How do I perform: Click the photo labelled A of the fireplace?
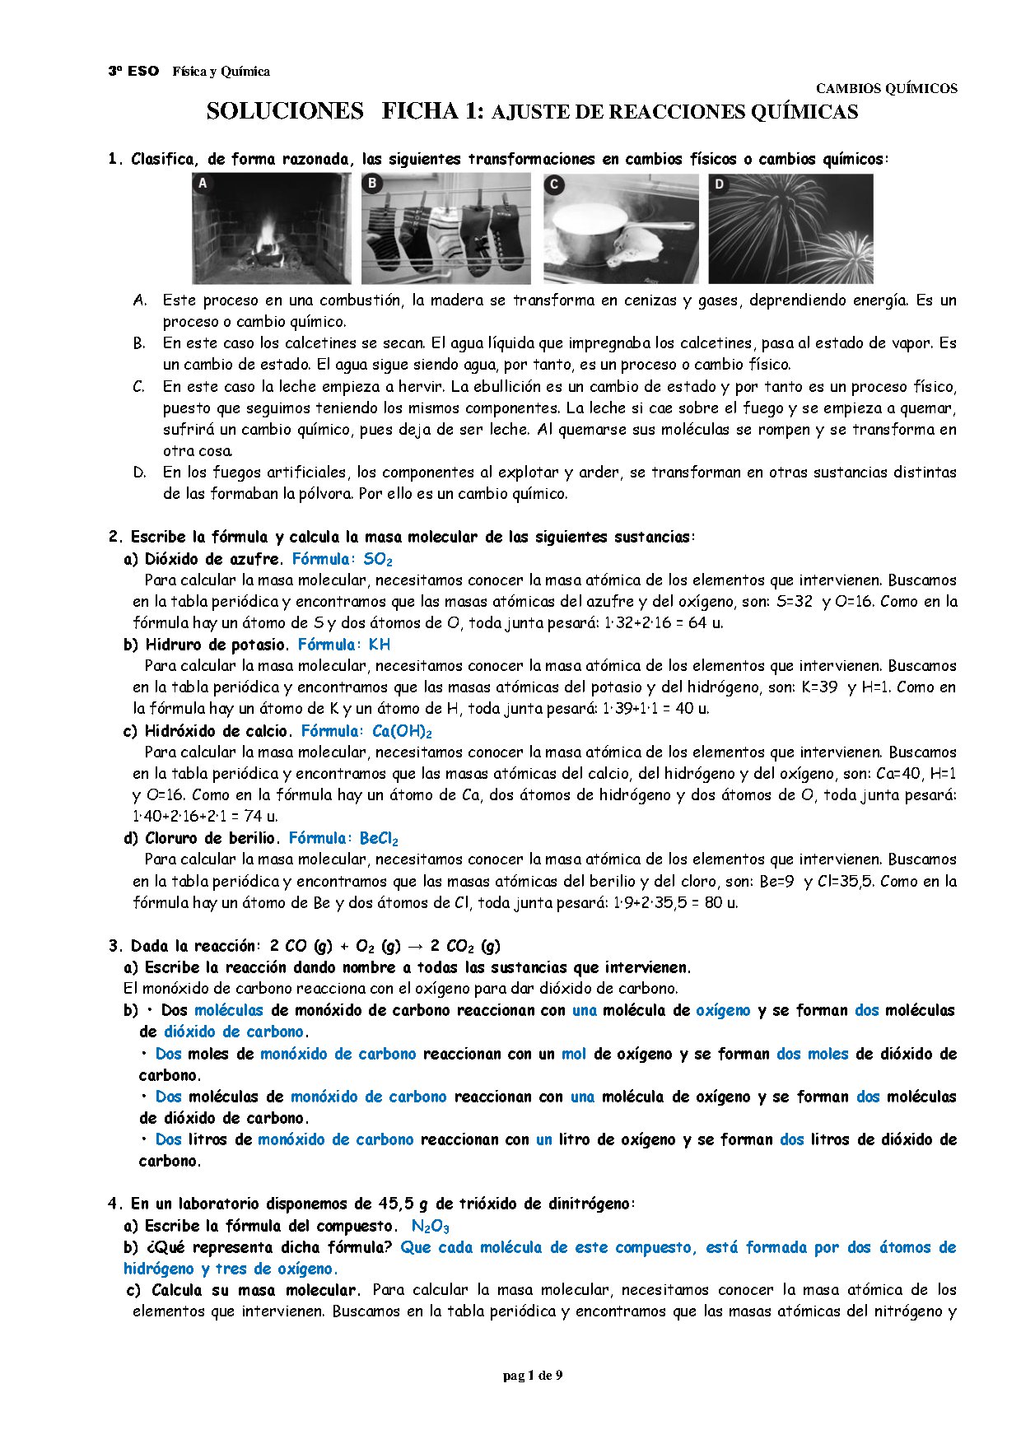click(271, 228)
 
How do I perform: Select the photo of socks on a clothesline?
click(445, 228)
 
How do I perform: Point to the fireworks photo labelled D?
click(790, 228)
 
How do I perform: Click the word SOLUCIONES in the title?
click(284, 111)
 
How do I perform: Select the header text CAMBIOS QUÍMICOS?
click(886, 88)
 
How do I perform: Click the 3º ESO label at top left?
click(133, 72)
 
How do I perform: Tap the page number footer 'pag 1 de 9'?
click(533, 1375)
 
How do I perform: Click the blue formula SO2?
click(378, 560)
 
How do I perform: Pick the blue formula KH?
click(380, 645)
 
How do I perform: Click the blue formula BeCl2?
click(379, 839)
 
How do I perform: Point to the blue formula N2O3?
click(430, 1227)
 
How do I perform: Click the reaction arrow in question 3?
click(418, 946)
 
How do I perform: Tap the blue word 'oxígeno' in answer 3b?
click(723, 1010)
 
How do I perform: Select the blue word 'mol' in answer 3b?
click(574, 1054)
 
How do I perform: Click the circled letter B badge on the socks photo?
click(373, 183)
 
